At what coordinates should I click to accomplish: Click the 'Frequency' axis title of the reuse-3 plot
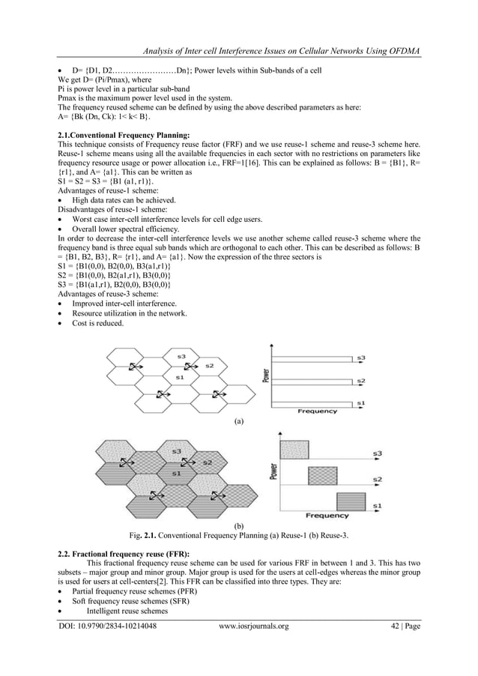coord(327,516)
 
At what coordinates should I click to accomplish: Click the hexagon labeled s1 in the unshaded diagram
coord(178,379)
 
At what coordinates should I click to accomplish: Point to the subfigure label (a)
coord(239,422)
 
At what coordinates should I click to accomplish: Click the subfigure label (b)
coord(239,527)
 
